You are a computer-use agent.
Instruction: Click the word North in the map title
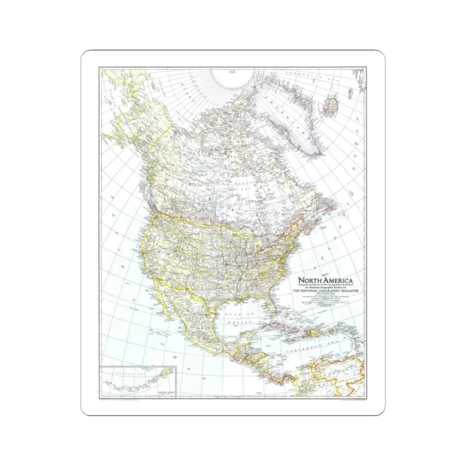309,280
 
